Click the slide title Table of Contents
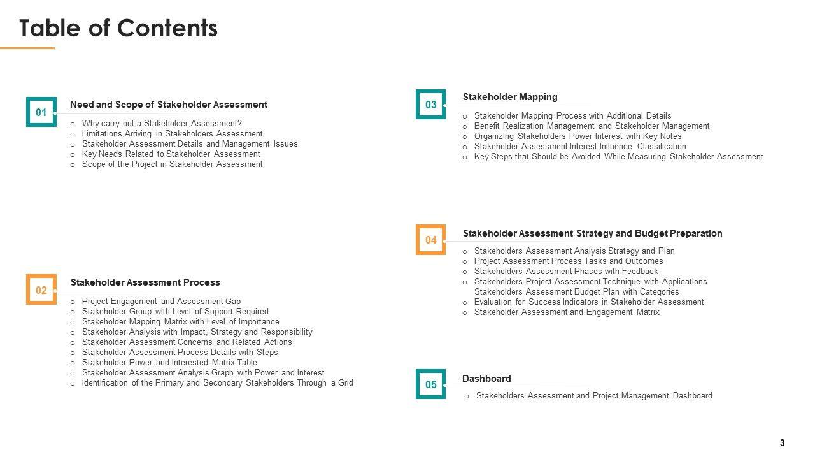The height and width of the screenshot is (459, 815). tap(118, 29)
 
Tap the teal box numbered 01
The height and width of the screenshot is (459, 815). tap(41, 112)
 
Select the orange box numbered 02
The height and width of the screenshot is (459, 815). tap(41, 290)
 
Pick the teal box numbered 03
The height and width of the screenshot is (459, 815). tap(431, 105)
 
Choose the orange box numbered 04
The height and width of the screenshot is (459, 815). tap(431, 240)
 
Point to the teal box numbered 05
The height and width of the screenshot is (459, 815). tap(431, 384)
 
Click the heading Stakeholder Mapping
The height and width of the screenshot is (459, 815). tap(510, 97)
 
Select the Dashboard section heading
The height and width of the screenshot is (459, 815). tap(486, 379)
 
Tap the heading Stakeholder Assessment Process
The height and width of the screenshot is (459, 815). tap(145, 282)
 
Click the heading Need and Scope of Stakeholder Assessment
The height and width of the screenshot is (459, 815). tap(169, 105)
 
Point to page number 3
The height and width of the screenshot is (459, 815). tap(783, 443)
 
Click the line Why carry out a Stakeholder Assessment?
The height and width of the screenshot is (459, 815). tap(162, 124)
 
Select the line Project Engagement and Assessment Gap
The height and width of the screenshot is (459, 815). tap(161, 302)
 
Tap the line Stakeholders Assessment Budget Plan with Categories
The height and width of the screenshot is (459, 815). tap(576, 292)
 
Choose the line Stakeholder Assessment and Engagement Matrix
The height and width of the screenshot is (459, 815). tap(567, 312)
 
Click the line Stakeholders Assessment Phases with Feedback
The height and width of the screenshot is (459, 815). tap(566, 272)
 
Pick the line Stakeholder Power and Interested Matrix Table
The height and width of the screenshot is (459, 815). tap(169, 363)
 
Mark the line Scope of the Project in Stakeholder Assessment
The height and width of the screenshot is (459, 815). tap(172, 164)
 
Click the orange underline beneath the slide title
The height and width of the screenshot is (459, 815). tap(27, 48)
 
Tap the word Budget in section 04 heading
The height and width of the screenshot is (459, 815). tap(651, 233)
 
